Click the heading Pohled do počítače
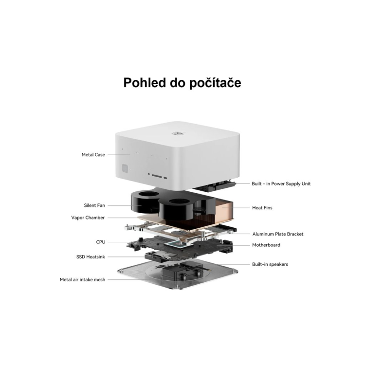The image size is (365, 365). point(182,83)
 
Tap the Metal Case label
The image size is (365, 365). point(93,155)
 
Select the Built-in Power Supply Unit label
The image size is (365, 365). point(281,183)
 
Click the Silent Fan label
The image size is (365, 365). point(94,205)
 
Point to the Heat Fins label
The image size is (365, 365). point(262,208)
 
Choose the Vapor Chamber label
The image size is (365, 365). point(88,218)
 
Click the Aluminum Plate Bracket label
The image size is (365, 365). point(278,234)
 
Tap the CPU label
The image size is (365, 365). point(101,242)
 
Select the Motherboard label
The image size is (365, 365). point(266,245)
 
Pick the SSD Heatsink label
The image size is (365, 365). point(91,257)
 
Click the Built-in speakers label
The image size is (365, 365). point(270,264)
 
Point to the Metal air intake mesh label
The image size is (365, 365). point(82,279)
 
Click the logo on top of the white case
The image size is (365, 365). point(178,133)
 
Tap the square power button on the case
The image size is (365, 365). point(125,168)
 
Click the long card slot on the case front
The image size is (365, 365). point(157,176)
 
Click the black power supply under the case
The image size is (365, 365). point(214,185)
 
